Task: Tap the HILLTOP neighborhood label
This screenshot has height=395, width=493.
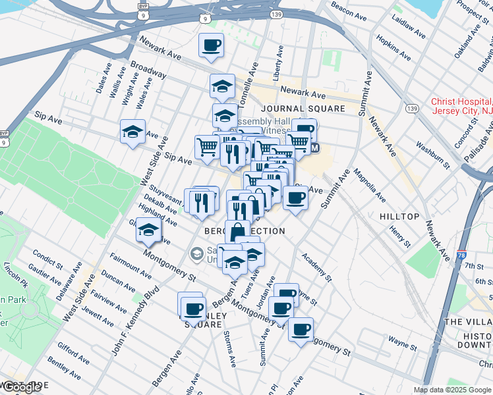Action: pyautogui.click(x=399, y=217)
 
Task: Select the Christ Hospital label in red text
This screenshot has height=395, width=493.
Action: pyautogui.click(x=461, y=106)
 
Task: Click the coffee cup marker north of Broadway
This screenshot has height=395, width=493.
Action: pyautogui.click(x=211, y=45)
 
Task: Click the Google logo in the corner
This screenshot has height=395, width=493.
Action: pyautogui.click(x=21, y=388)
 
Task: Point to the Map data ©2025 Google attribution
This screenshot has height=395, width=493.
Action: pyautogui.click(x=453, y=390)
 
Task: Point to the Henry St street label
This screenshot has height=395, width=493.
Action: pyautogui.click(x=399, y=237)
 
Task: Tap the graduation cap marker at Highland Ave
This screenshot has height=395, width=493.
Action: pyautogui.click(x=148, y=230)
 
